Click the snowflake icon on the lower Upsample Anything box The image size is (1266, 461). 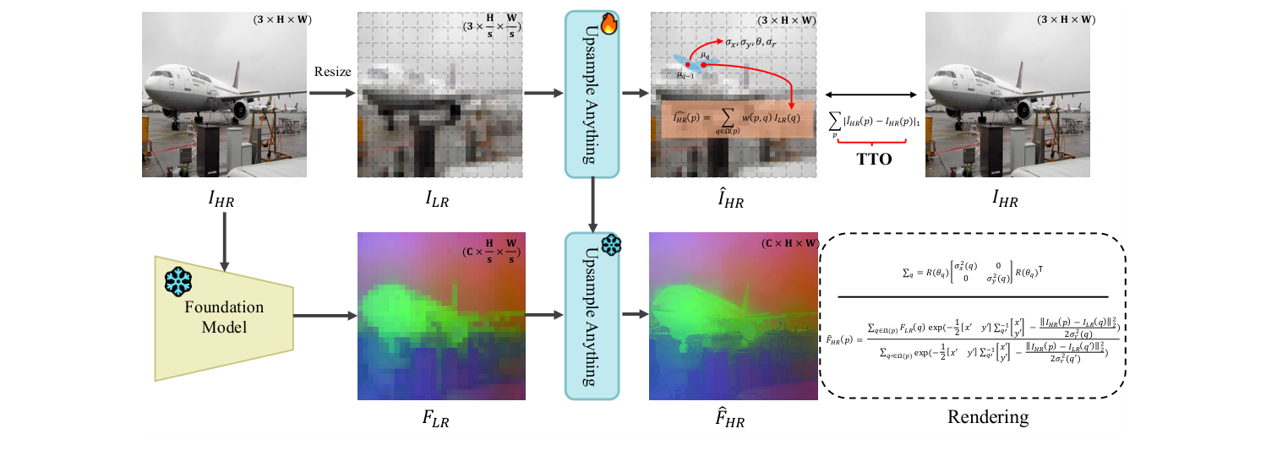(x=610, y=245)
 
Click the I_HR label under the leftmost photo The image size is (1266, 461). (x=221, y=200)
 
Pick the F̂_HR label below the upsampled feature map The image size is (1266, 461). (x=727, y=417)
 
